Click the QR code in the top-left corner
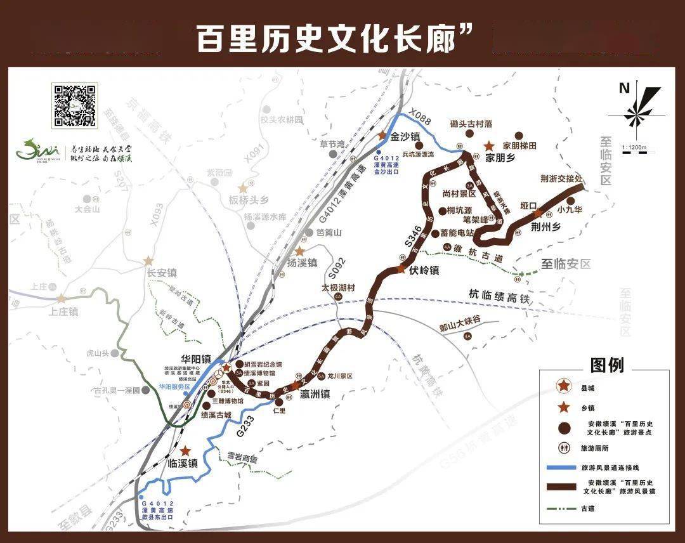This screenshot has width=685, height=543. point(75,105)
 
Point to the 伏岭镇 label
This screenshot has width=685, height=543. point(424,269)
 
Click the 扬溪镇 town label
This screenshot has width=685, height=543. point(302,263)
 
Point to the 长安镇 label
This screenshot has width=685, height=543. point(162,273)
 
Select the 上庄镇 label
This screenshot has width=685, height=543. point(63,311)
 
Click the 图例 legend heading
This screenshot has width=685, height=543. point(607,365)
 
